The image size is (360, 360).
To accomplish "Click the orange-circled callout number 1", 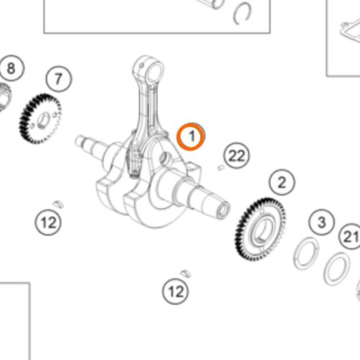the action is pyautogui.click(x=191, y=137).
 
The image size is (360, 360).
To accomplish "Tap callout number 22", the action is pyautogui.click(x=237, y=156).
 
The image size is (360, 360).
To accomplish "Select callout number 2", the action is pyautogui.click(x=282, y=182).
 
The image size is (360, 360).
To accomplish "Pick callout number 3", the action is pyautogui.click(x=322, y=222).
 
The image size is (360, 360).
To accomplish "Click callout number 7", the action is pyautogui.click(x=58, y=79).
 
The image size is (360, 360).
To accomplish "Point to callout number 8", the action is pyautogui.click(x=12, y=68).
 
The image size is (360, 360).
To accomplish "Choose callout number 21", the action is pyautogui.click(x=351, y=237).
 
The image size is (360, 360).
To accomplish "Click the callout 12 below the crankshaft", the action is pyautogui.click(x=176, y=292).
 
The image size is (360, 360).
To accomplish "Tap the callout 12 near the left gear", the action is pyautogui.click(x=48, y=222).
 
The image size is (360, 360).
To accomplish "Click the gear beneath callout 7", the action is pyautogui.click(x=40, y=119).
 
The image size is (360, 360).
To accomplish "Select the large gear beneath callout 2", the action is pyautogui.click(x=261, y=230).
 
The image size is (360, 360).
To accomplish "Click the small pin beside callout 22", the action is pyautogui.click(x=220, y=168).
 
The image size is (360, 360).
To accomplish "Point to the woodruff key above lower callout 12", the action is pyautogui.click(x=186, y=274).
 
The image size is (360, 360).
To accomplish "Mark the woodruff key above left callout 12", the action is pyautogui.click(x=58, y=204).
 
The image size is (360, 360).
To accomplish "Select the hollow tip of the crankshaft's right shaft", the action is pyautogui.click(x=223, y=210).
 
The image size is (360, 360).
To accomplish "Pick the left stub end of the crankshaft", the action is pyautogui.click(x=80, y=141).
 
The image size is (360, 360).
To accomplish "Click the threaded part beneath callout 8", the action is pyautogui.click(x=4, y=96).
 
